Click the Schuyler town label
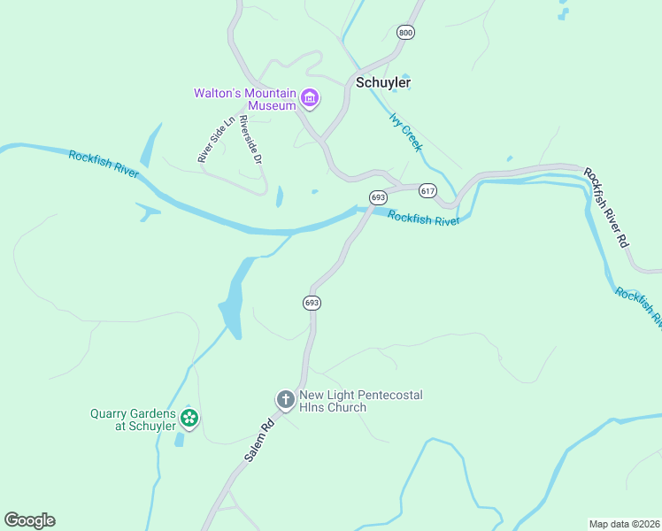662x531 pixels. (382, 82)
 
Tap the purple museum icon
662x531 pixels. (309, 98)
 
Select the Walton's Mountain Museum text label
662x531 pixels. (245, 99)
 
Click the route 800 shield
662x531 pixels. (405, 33)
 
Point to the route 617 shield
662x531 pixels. (428, 191)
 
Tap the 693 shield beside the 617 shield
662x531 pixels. (379, 197)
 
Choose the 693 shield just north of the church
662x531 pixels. (312, 303)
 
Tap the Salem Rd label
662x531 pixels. (260, 439)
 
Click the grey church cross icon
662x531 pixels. (285, 400)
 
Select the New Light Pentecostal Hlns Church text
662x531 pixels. (360, 401)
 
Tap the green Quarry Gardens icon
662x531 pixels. (189, 418)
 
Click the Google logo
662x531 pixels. (29, 519)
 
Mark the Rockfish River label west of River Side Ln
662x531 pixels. (104, 164)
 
